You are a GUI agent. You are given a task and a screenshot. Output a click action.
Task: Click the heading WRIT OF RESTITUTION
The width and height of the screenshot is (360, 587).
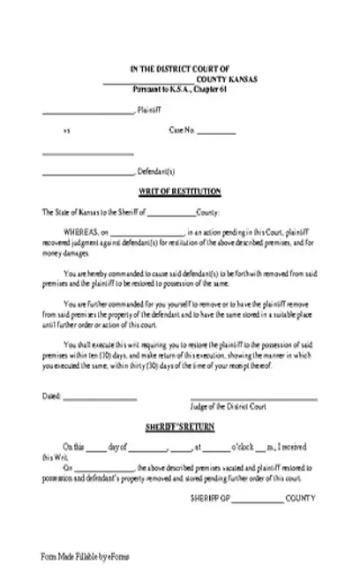pos(179,192)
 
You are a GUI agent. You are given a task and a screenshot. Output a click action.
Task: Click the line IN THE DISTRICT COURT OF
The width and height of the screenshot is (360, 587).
pos(179,68)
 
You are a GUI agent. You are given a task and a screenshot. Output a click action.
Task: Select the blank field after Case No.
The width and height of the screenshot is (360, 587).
pos(215,132)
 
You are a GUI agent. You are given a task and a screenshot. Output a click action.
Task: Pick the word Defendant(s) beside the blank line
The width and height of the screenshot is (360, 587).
pos(156,171)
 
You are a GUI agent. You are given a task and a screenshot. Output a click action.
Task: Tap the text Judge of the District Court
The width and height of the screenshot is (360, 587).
pos(253,381)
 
